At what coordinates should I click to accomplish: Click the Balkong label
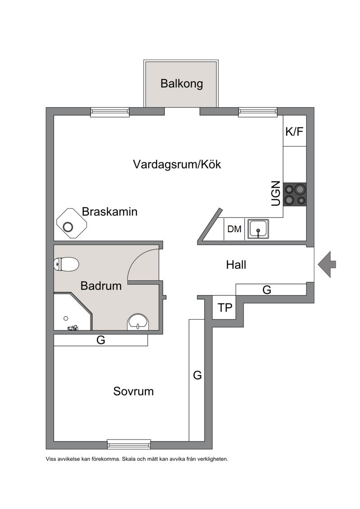(x=181, y=83)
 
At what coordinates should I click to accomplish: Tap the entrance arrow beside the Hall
(x=327, y=264)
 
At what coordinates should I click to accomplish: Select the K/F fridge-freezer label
(x=294, y=131)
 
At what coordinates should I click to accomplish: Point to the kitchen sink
(x=258, y=229)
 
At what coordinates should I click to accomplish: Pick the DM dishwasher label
(x=234, y=229)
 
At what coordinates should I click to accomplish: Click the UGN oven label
(x=275, y=194)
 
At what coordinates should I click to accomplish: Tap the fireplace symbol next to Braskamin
(x=72, y=223)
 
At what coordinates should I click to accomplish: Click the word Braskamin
(x=109, y=212)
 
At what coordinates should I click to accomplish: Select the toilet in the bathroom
(x=66, y=264)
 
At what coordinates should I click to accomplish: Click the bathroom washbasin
(x=138, y=322)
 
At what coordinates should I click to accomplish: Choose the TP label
(x=225, y=307)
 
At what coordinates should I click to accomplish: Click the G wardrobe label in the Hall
(x=266, y=289)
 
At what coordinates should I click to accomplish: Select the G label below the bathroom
(x=101, y=340)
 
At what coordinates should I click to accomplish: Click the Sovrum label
(x=133, y=391)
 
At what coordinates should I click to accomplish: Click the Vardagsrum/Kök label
(x=177, y=164)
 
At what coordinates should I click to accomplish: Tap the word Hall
(x=236, y=265)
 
